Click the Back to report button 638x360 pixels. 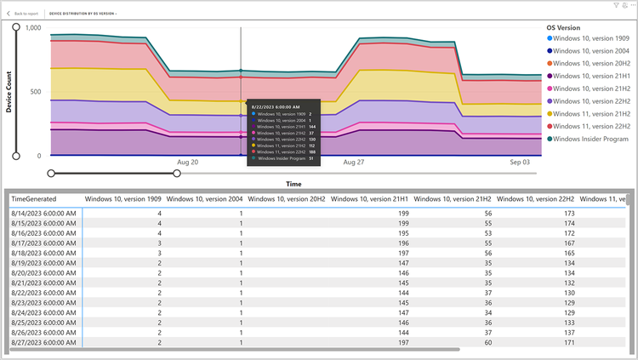click(x=24, y=14)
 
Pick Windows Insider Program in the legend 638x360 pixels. click(x=591, y=139)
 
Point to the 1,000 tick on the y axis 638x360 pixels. click(x=33, y=28)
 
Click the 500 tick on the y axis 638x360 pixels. click(x=36, y=92)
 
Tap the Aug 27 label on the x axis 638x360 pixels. click(x=353, y=162)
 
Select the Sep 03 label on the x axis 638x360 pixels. click(x=519, y=162)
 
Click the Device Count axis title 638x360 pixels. click(x=9, y=91)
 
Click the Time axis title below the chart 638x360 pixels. click(x=293, y=183)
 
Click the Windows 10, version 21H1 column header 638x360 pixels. click(x=370, y=199)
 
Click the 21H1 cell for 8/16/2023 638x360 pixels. click(x=403, y=232)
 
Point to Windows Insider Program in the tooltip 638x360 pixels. click(x=281, y=158)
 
